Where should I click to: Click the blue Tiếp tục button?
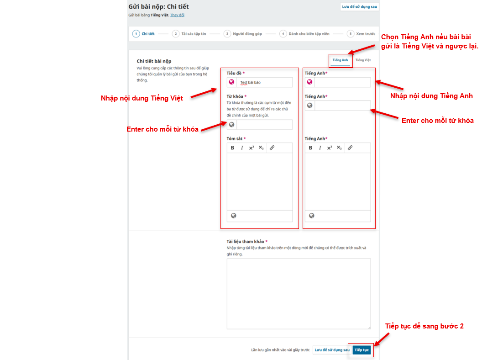point(362,350)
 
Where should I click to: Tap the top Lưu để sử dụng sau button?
point(359,7)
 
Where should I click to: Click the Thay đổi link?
point(177,15)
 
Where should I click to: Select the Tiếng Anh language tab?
point(340,60)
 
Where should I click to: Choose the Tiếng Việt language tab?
point(363,60)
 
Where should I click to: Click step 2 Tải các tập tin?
point(189,34)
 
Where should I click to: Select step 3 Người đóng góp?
point(243,34)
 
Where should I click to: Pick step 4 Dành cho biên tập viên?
point(304,34)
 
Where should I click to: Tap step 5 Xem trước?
point(361,34)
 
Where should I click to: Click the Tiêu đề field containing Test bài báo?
point(264,83)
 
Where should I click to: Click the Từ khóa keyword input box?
point(264,125)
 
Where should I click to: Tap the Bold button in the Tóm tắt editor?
point(233,148)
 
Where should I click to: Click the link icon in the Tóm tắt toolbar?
point(272,148)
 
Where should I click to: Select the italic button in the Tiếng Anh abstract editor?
point(320,148)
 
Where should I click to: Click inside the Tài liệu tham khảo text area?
point(299,293)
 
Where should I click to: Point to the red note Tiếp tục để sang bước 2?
point(424,326)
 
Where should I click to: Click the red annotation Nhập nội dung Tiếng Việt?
point(142,98)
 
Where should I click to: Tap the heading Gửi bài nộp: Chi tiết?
point(158,6)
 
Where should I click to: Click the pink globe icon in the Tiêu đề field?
point(231,82)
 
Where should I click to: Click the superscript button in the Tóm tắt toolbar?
point(251,148)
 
